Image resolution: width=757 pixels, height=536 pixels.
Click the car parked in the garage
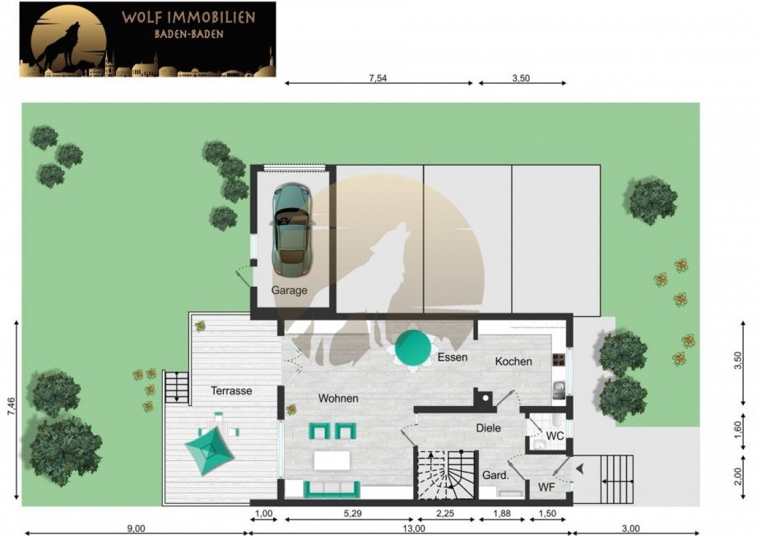click(290, 229)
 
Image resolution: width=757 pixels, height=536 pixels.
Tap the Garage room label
click(289, 291)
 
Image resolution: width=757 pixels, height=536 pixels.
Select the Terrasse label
click(231, 391)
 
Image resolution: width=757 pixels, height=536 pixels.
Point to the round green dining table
click(414, 349)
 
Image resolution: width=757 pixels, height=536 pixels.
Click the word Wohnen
click(338, 399)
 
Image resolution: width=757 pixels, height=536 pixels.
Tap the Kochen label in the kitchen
click(513, 361)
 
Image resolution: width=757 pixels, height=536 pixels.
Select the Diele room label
click(488, 428)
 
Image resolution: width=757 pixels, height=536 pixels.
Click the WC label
click(555, 436)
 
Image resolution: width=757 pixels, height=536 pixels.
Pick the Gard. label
click(495, 475)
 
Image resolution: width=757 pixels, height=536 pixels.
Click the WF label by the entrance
click(546, 488)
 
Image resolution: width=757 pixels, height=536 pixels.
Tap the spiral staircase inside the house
click(446, 475)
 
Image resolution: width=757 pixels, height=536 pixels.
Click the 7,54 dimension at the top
click(378, 78)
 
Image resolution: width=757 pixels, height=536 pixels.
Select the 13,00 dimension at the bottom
click(414, 529)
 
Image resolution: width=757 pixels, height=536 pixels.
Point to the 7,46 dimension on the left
click(11, 409)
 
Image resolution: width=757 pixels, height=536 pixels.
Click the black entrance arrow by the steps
click(580, 468)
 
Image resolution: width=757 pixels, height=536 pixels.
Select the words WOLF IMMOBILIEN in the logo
click(188, 16)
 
